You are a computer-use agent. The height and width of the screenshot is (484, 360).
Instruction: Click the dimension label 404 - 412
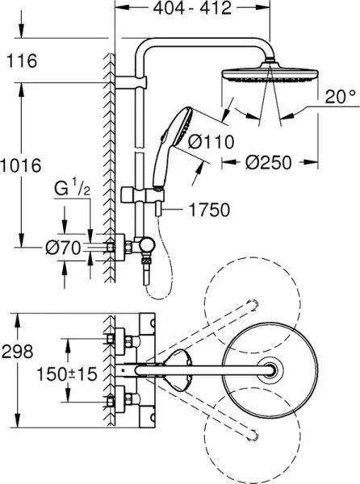[191, 9]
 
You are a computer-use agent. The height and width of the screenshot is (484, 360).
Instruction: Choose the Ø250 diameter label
[266, 184]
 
